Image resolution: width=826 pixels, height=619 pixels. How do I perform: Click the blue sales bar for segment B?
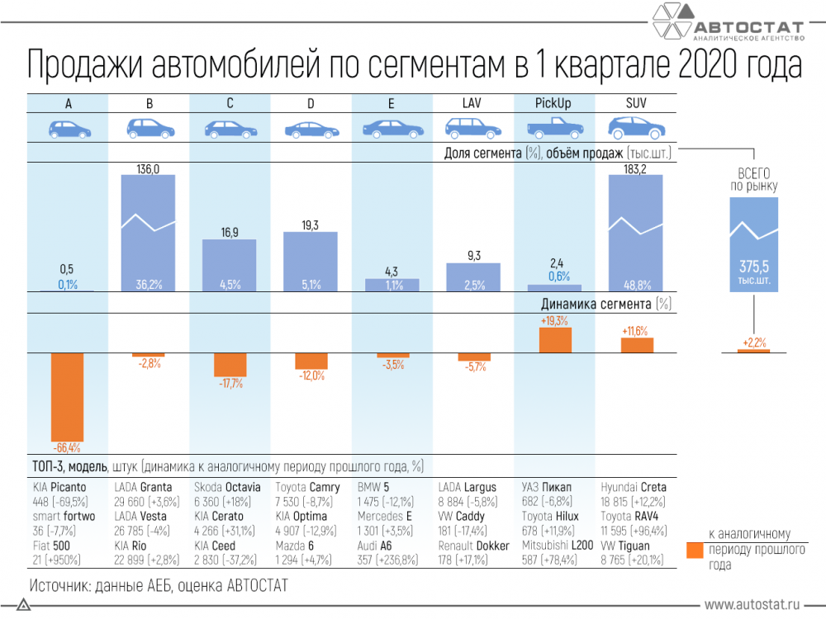tap(148, 234)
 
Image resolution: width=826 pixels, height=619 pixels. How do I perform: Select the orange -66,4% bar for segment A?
tap(67, 398)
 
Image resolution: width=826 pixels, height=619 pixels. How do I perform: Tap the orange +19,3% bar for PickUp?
tap(555, 340)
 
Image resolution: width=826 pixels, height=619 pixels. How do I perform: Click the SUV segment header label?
tap(636, 103)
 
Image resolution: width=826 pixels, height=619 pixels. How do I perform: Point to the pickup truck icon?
tap(555, 128)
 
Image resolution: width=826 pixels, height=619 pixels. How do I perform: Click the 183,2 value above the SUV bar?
tap(634, 169)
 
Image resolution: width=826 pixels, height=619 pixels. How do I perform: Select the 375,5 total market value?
tap(754, 267)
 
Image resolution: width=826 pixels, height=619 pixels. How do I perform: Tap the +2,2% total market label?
tap(754, 343)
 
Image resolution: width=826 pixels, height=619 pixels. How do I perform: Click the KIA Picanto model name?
tap(59, 488)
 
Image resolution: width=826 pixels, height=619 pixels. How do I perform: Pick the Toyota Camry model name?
tap(307, 488)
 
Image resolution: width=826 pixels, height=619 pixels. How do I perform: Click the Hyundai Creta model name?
tap(634, 488)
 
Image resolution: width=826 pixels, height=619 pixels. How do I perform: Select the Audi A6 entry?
tap(387, 553)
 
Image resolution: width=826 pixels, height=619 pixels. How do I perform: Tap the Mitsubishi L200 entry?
tap(558, 553)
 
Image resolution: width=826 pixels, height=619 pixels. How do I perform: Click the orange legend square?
tap(695, 550)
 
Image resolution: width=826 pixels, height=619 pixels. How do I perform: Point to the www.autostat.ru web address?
tap(752, 605)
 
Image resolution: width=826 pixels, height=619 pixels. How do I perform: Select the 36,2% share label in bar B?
tap(149, 285)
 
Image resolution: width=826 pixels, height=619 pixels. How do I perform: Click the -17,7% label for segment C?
tap(230, 384)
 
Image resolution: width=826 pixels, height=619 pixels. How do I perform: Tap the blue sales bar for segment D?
tap(311, 262)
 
